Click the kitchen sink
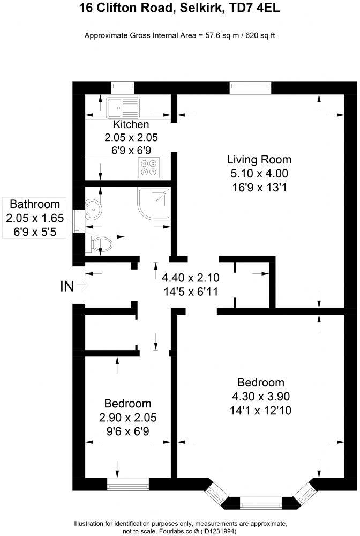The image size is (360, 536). [x=123, y=107]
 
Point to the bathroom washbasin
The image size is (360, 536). [x=93, y=207]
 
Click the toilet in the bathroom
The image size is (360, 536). [x=101, y=245]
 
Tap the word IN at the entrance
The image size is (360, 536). [x=67, y=287]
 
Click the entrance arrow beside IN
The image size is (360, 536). [x=82, y=286]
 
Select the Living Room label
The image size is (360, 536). [x=259, y=159]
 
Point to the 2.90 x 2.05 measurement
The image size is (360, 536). [x=127, y=417]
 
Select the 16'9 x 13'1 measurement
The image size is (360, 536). [x=259, y=187]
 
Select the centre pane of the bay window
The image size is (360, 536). [x=261, y=503]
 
